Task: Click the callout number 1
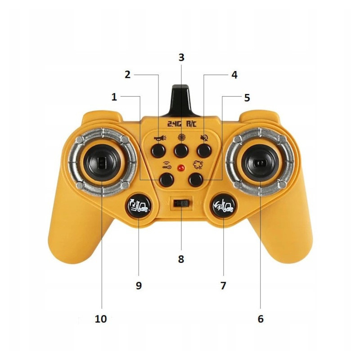pos(114,97)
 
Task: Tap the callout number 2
pos(128,75)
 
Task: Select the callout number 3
pos(181,58)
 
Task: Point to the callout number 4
pos(234,75)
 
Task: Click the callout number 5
pos(247,98)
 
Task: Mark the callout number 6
pos(260,319)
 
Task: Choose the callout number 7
pos(223,285)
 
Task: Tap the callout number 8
pos(181,259)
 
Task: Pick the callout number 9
pos(139,285)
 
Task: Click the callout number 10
pos(101,319)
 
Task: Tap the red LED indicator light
pos(181,168)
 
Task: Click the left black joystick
pos(102,161)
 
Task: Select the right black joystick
pos(260,161)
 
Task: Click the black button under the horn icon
pos(158,150)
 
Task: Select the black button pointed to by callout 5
pos(195,180)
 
